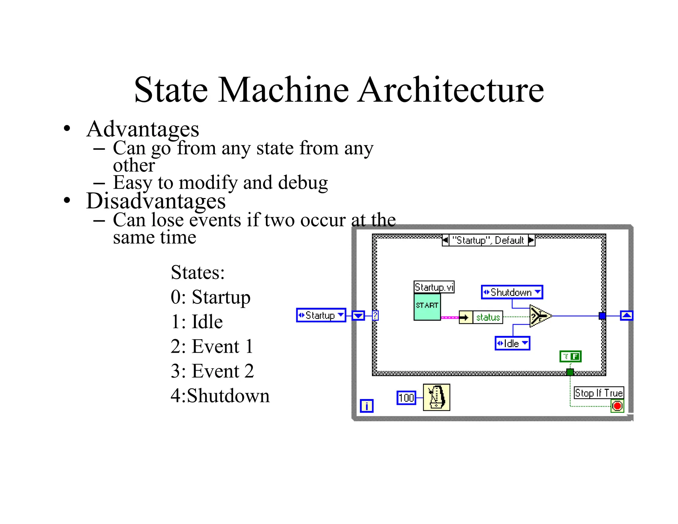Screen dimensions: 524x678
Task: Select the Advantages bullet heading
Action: (x=142, y=129)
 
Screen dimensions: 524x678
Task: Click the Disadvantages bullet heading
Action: (x=156, y=201)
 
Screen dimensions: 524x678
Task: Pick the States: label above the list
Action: (x=198, y=273)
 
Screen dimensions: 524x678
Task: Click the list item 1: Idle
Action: (x=197, y=322)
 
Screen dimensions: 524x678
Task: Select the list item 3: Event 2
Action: (x=212, y=371)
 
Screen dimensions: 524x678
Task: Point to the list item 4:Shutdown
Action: (x=220, y=396)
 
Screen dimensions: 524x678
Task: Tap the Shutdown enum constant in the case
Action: (x=512, y=292)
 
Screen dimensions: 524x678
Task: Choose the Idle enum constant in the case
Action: (x=512, y=343)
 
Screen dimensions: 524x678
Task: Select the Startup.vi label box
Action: (x=434, y=287)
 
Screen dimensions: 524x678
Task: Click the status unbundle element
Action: (x=488, y=317)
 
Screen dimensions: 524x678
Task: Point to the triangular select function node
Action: (x=539, y=316)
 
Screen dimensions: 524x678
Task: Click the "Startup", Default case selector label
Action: (x=488, y=240)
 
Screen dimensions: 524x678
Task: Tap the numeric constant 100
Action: (x=406, y=398)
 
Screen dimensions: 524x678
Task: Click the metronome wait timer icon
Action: (x=436, y=397)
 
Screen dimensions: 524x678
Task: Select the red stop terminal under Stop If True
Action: (x=617, y=406)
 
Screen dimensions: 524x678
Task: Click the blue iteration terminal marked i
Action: (x=366, y=406)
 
